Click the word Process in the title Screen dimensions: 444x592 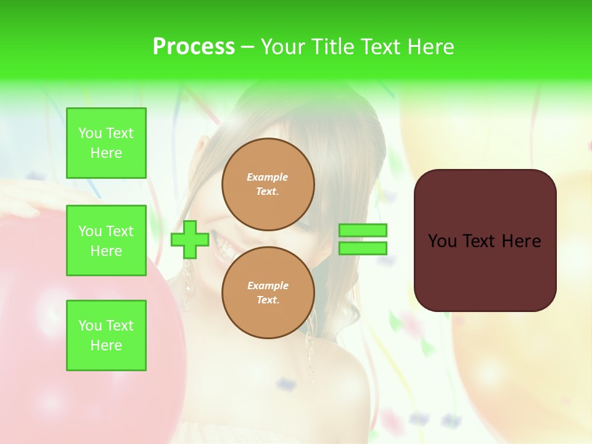(x=194, y=47)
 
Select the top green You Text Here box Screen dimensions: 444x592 (x=106, y=143)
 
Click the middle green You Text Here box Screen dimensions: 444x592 (x=106, y=240)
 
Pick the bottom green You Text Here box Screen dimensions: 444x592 (x=106, y=335)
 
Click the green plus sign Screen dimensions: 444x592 (x=190, y=240)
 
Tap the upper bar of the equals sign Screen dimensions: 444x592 (x=363, y=230)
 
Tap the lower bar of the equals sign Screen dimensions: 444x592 (x=363, y=248)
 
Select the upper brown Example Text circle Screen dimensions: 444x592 (x=268, y=184)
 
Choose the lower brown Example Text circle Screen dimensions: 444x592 (x=268, y=292)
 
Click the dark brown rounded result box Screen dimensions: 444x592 (x=485, y=271)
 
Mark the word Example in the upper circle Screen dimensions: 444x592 (x=268, y=177)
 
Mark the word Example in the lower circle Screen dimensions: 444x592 (x=268, y=286)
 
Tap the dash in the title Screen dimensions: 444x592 (x=247, y=47)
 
